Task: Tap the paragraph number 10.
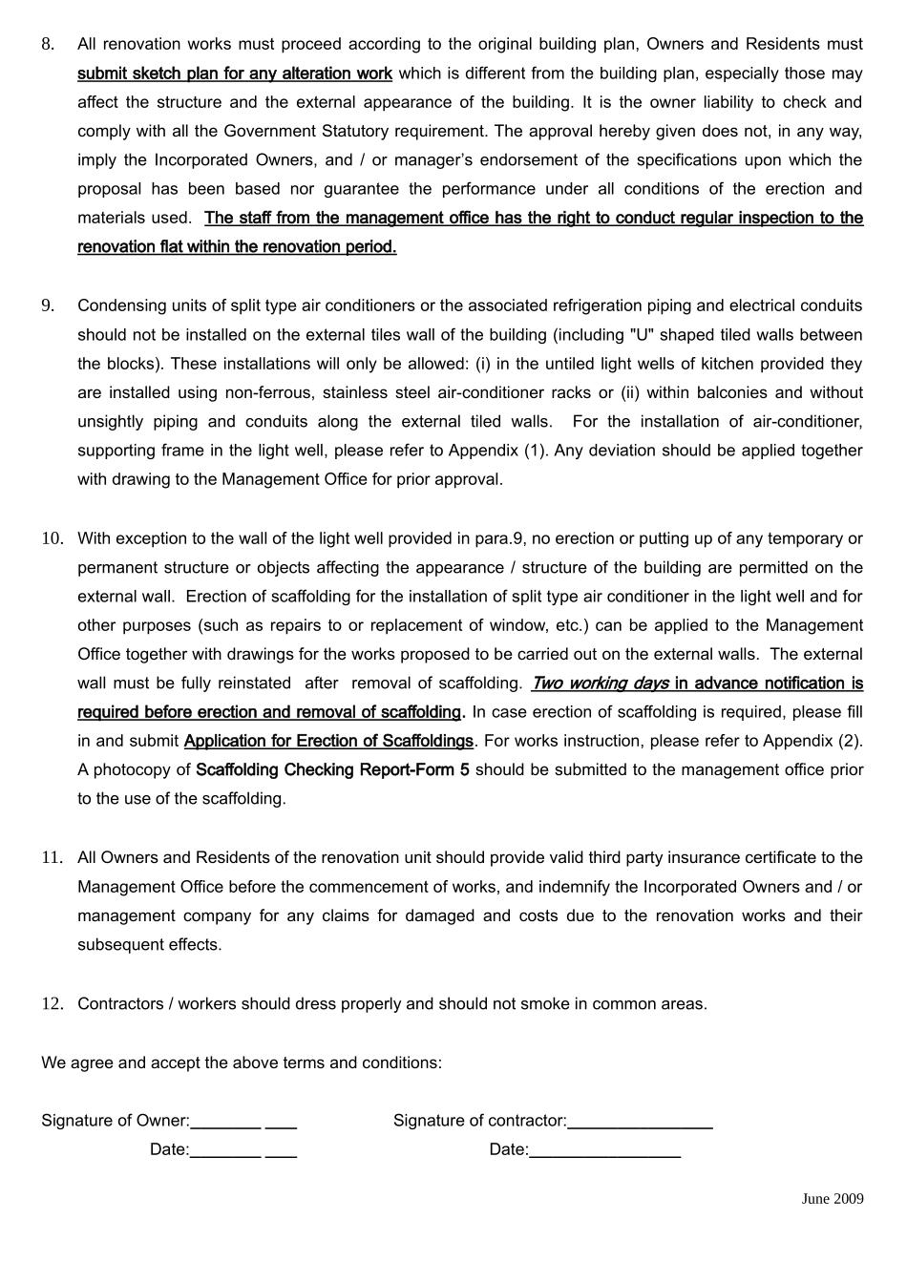(52, 538)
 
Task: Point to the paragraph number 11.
(52, 857)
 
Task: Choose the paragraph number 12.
(52, 1003)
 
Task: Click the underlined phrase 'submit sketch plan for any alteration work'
(235, 74)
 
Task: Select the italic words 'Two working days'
(601, 684)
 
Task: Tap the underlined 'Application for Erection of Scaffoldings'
(328, 741)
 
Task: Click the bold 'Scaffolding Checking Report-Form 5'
(332, 769)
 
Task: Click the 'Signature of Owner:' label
(116, 1121)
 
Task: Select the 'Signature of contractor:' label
(480, 1121)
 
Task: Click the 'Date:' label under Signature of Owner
(169, 1149)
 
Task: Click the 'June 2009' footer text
(833, 1199)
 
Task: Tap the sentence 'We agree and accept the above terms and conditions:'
(242, 1062)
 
